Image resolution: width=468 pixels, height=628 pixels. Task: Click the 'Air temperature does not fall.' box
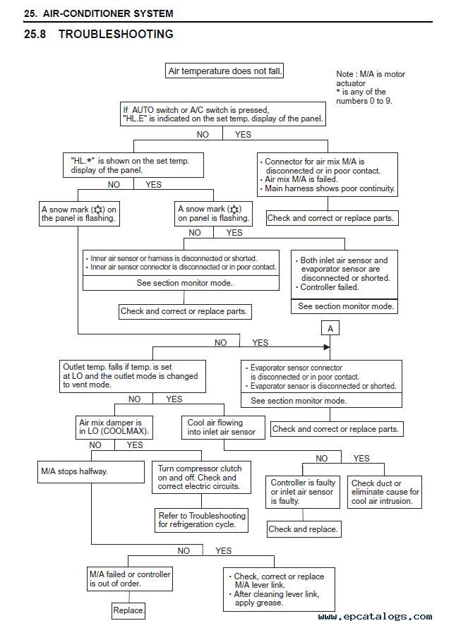[224, 71]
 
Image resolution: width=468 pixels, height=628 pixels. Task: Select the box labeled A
[330, 328]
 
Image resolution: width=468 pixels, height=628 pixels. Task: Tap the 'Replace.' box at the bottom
[128, 610]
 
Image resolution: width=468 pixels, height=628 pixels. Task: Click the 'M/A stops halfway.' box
[91, 472]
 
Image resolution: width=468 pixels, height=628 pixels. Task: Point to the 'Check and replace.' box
[304, 529]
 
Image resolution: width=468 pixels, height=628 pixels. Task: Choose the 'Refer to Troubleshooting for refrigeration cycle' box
[202, 520]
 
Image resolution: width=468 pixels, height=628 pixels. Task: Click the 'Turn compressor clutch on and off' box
[202, 477]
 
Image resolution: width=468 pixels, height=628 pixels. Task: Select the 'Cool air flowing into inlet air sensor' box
[223, 428]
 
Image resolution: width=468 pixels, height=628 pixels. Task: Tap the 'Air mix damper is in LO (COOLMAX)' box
[114, 428]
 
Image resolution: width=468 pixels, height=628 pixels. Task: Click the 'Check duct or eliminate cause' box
[384, 492]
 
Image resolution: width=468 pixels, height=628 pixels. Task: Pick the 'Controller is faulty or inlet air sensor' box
[303, 492]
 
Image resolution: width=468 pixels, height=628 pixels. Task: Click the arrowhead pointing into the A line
[327, 347]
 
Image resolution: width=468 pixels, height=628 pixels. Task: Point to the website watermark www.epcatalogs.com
[375, 617]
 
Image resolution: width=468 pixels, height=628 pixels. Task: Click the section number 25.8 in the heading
[35, 35]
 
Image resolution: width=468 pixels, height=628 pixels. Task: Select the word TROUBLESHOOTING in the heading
[116, 35]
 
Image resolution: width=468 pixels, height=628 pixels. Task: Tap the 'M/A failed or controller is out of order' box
[130, 579]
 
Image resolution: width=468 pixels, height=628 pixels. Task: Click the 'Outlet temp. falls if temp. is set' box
[132, 376]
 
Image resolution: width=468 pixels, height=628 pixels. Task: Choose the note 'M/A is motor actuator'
[371, 78]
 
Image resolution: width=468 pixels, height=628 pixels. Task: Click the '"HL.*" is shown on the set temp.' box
[133, 165]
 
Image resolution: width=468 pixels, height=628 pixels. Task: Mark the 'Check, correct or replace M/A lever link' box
[279, 589]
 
